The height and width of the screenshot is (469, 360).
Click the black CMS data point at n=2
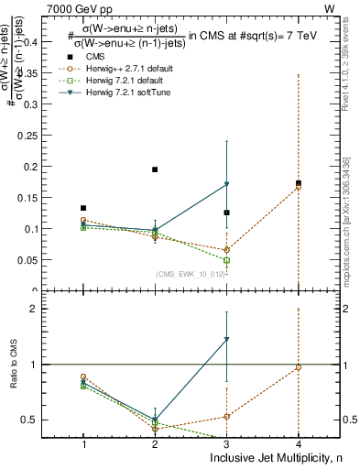pos(155,169)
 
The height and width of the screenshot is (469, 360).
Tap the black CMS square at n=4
pos(299,183)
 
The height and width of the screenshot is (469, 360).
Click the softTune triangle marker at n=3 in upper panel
pos(227,184)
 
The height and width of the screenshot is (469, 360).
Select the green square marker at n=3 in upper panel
pos(227,260)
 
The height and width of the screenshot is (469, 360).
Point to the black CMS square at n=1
pos(83,208)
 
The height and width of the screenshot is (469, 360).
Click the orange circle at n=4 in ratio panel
pos(299,367)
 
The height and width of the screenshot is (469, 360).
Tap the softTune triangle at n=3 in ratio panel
pos(227,340)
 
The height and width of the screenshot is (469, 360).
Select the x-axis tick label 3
pos(227,444)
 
